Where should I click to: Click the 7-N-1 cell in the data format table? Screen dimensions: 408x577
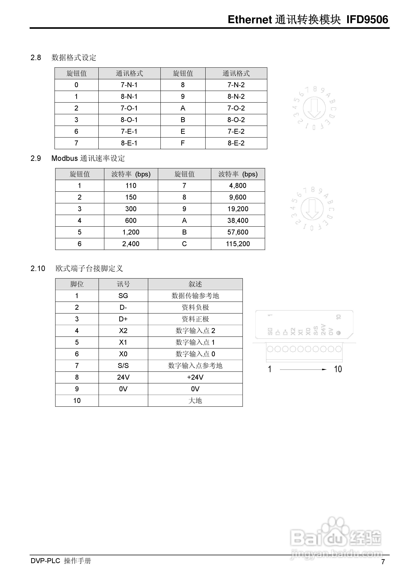pos(129,85)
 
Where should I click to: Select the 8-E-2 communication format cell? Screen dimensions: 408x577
pos(236,143)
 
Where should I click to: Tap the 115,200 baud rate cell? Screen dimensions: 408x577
pos(238,244)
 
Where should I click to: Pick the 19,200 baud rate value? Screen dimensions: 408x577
pos(238,209)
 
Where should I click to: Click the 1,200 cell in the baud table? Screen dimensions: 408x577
pos(131,232)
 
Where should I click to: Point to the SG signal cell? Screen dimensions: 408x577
pos(123,296)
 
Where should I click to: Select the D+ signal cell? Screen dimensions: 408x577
pos(123,319)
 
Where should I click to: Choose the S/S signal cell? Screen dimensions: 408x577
pos(123,366)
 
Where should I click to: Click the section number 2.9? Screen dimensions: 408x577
pos(36,158)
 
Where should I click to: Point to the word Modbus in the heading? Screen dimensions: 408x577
pos(65,158)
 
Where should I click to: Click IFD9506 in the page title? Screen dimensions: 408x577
pos(367,20)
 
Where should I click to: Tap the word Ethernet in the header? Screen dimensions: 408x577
pos(250,20)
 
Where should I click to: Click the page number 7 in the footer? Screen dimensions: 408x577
pos(383,562)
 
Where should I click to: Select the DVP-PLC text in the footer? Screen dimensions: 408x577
pos(45,561)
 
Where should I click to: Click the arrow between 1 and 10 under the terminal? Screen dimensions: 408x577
pos(303,369)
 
